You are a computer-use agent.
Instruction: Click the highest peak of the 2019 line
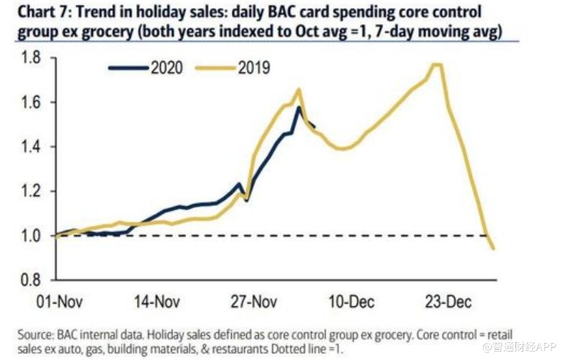pos(436,64)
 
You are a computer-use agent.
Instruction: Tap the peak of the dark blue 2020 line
pos(298,107)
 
